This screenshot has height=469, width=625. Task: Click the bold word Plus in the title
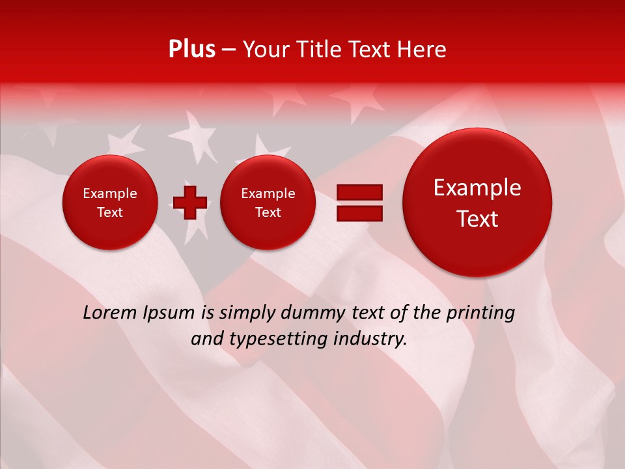[191, 50]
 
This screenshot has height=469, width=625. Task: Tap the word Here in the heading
[422, 50]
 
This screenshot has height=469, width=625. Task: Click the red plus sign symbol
[190, 203]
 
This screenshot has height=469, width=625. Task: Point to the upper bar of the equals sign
[359, 192]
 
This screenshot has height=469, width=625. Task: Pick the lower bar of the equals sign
[359, 213]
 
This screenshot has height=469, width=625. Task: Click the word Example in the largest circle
[477, 188]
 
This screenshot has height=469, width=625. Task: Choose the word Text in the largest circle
[477, 219]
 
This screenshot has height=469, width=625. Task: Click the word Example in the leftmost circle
[109, 193]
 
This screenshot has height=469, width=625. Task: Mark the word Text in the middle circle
[268, 212]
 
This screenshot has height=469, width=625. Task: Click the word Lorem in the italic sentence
[109, 313]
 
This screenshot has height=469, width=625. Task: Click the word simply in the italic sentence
[244, 313]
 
